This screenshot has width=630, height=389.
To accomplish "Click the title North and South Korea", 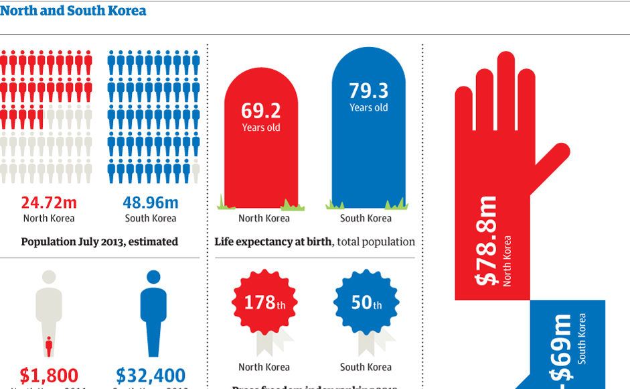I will [73, 11].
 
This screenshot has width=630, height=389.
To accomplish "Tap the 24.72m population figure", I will [48, 203].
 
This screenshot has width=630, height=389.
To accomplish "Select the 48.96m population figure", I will [151, 203].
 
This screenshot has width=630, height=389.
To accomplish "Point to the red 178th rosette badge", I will [264, 303].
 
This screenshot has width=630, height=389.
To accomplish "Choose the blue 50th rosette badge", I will [366, 303].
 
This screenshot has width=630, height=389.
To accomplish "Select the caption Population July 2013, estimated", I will [99, 241].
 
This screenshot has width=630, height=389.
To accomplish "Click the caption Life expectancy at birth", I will [273, 241].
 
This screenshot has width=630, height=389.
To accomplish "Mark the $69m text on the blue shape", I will [562, 349].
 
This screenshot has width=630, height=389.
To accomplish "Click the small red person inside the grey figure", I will [48, 347].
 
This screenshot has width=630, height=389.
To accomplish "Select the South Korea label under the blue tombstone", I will [366, 218].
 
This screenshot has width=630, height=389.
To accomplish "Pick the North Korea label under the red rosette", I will [264, 367].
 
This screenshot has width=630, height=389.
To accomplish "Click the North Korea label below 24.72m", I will [48, 218].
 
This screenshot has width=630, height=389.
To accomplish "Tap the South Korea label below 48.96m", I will [151, 218].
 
